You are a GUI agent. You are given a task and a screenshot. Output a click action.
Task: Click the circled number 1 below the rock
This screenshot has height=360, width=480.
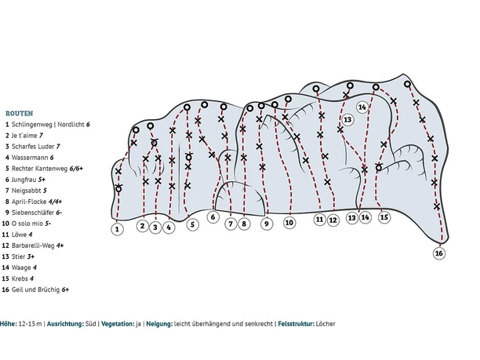[x=117, y=229]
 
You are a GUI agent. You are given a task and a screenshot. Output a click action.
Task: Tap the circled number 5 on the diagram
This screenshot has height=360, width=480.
[x=193, y=224]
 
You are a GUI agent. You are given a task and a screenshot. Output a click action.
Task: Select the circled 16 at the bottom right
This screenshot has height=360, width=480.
[x=438, y=253]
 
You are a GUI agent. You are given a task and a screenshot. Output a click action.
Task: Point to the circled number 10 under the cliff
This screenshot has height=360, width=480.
[x=289, y=223]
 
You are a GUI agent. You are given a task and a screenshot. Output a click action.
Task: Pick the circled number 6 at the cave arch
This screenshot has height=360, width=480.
[x=213, y=216]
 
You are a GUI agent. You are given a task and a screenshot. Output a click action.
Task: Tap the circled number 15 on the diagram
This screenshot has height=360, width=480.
[x=384, y=217]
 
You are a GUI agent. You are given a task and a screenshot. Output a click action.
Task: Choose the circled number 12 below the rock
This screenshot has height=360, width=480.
[x=333, y=220]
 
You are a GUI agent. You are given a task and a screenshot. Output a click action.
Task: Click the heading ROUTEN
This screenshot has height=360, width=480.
[x=19, y=113]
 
